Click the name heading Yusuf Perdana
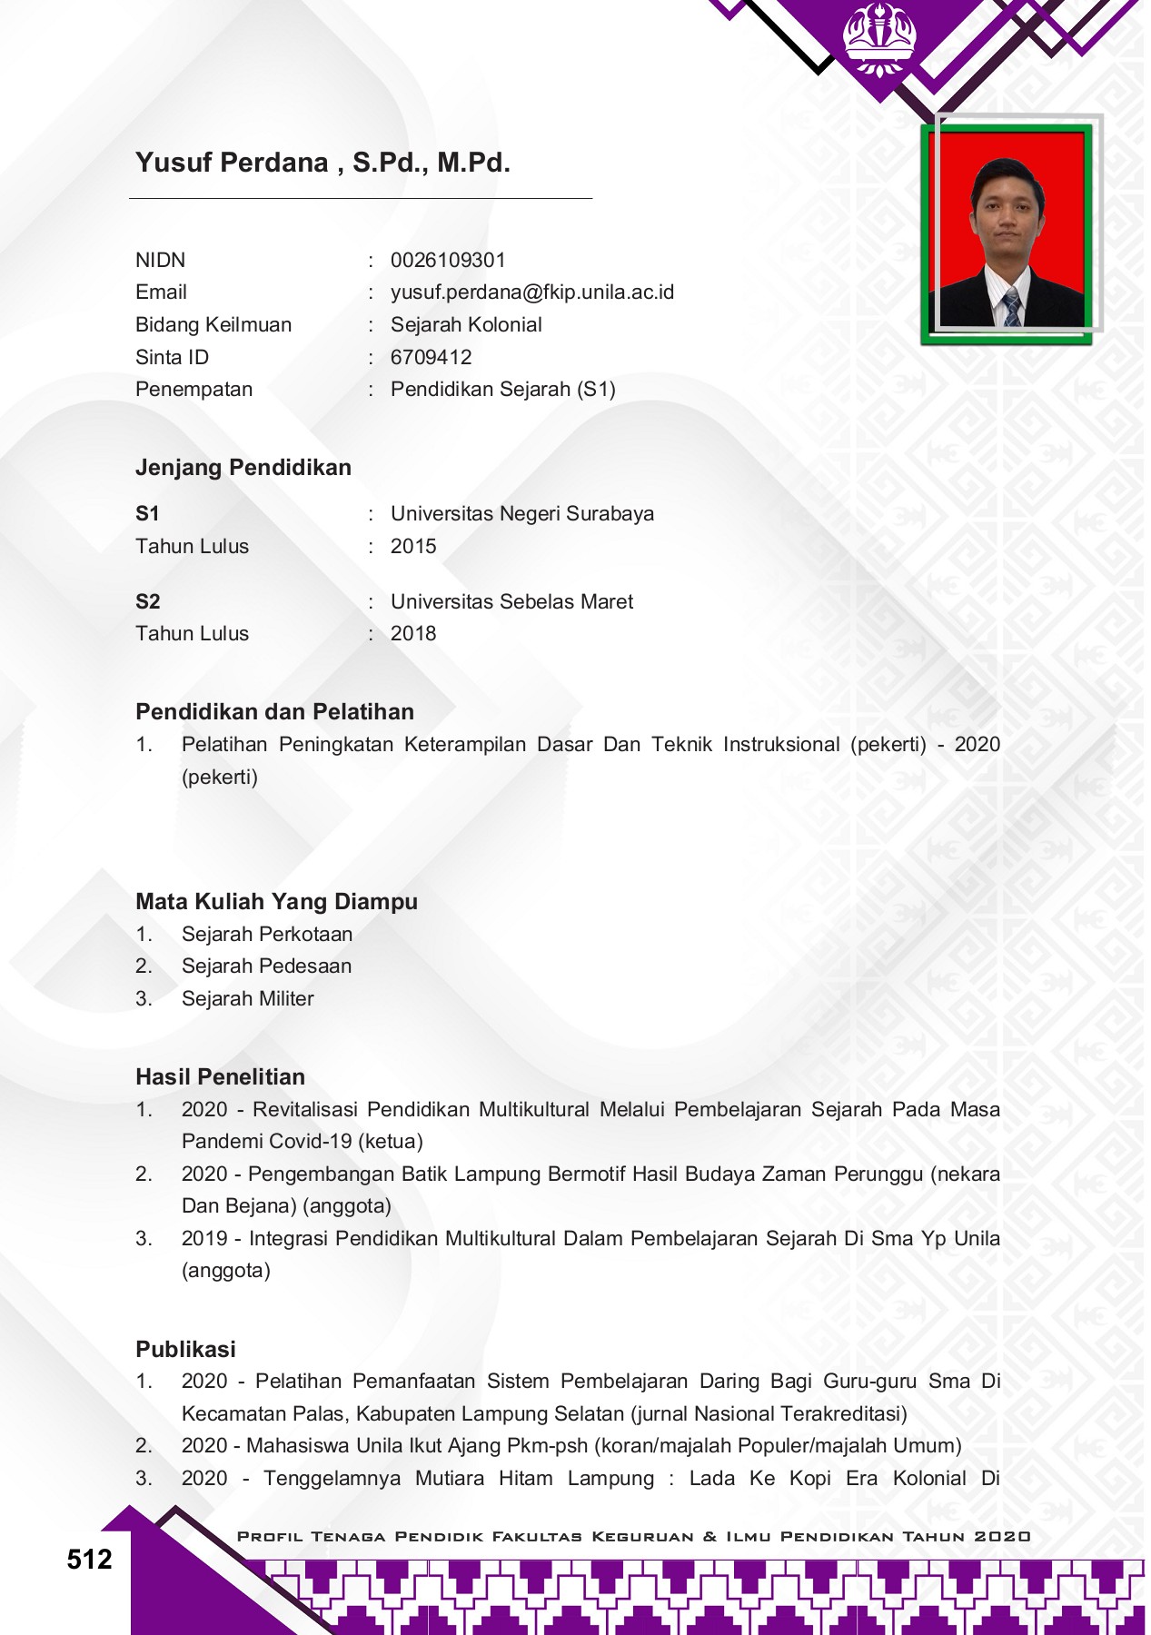coord(322,163)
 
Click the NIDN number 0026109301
coord(448,261)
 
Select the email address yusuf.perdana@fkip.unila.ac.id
coord(531,292)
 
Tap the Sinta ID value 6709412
coord(431,358)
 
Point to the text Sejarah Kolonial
coord(465,325)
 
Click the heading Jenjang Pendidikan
coord(243,468)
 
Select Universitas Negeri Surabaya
coord(521,514)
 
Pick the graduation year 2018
coord(412,634)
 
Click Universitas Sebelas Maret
coord(511,602)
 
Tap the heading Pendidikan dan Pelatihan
coord(274,712)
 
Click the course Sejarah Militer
coord(247,999)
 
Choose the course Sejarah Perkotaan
coord(266,935)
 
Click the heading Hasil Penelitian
coord(220,1077)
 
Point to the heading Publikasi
coord(185,1350)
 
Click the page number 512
coord(89,1561)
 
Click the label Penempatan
coord(193,390)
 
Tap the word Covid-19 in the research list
coord(311,1142)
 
